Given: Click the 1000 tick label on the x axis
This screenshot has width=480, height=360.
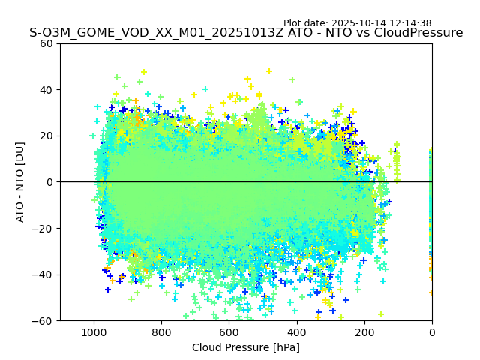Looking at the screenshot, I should point(94,331).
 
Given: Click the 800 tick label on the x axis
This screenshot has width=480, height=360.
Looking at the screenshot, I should point(161,331).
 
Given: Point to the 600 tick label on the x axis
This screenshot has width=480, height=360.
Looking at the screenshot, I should point(229,331).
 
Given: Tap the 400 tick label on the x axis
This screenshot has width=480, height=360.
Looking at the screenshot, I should point(296,331).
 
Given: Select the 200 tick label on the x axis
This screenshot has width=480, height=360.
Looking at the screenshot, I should point(364,331).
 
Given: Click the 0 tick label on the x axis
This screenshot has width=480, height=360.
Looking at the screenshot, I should point(432,331).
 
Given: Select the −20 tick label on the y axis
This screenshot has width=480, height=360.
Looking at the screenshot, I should point(45,228).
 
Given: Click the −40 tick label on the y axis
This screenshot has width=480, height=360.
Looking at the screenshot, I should point(45,274).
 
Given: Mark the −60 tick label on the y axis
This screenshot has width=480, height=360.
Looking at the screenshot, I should point(45,320).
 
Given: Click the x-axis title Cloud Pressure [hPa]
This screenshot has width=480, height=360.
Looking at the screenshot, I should point(246,347).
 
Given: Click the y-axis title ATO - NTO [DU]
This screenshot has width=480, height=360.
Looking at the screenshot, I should point(20,182).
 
